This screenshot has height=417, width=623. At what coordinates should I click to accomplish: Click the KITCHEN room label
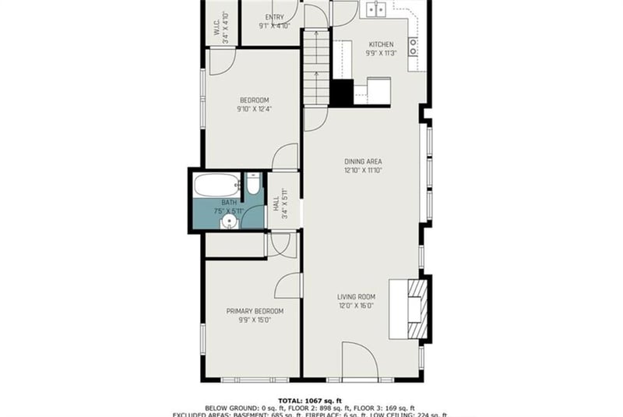(381, 44)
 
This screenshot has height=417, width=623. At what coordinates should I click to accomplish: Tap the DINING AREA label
(363, 161)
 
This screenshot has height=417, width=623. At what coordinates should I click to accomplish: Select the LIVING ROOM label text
(357, 296)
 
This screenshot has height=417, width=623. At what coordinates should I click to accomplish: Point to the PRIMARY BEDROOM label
(255, 311)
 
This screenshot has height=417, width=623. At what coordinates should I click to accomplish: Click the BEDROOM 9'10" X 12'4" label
(254, 100)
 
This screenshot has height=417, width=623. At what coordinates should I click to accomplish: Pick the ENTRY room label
(274, 16)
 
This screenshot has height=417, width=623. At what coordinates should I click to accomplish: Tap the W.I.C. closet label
(216, 27)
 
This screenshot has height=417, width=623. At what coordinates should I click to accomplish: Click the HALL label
(276, 203)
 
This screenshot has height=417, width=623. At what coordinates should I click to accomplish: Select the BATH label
(228, 202)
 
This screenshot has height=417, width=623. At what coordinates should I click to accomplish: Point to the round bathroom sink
(228, 223)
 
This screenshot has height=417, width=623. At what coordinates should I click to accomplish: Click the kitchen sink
(378, 9)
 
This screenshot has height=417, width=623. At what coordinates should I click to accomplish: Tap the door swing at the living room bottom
(360, 361)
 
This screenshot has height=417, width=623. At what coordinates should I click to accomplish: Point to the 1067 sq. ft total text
(311, 398)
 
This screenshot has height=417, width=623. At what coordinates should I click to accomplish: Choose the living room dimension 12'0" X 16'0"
(357, 306)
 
